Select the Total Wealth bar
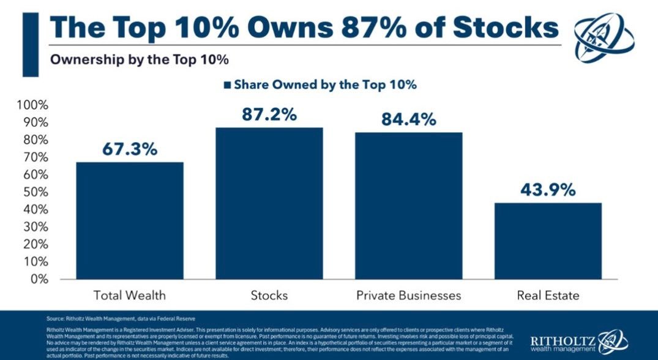coord(130,220)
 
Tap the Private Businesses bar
coord(409,206)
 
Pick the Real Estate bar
coord(548,241)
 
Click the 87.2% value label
coord(270,114)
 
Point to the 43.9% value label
coord(548,190)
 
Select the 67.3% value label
coord(130,149)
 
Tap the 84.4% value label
coord(409,119)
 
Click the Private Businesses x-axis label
coord(409,296)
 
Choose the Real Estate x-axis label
coord(548,296)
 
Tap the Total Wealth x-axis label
coord(130,296)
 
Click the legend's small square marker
coord(228,85)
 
